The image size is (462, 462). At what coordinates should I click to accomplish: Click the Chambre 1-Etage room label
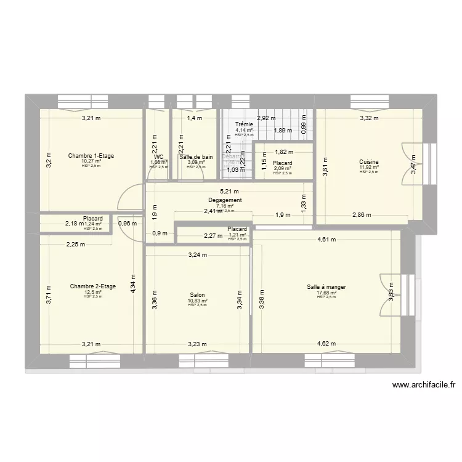coord(92,156)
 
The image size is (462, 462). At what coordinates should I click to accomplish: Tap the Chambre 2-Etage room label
coord(93,286)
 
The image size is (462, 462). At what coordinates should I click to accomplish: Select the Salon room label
coord(198,295)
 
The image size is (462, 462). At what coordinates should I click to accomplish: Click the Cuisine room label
coord(370,161)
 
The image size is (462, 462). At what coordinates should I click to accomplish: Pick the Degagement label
coord(225,200)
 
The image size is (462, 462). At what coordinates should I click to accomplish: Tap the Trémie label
coord(244,124)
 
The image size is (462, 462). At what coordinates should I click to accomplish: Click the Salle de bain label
coord(196,157)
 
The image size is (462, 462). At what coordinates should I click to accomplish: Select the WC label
coord(159,157)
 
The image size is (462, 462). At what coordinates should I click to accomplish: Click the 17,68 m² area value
coord(326,293)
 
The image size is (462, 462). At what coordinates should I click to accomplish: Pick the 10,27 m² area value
coord(92,161)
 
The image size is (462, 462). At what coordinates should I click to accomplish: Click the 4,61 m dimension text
coord(326,240)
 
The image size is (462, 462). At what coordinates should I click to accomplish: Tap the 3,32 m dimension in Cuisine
coord(369,118)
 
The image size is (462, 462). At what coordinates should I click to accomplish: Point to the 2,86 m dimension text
coord(362,215)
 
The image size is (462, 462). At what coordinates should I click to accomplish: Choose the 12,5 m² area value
coord(93,292)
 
